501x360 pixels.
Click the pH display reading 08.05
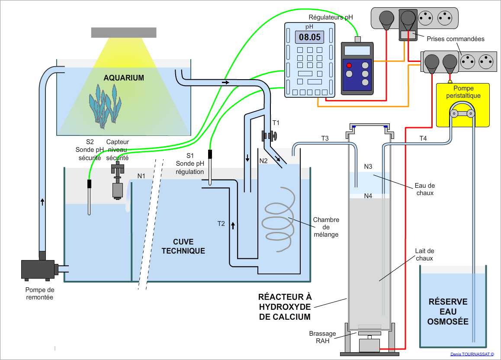coord(310,37)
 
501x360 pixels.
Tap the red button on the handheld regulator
coord(349,65)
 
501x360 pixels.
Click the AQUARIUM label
coord(124,78)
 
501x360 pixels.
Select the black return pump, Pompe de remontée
coord(38,268)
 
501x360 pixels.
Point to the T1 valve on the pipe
coord(269,136)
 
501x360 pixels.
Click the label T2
coord(222,224)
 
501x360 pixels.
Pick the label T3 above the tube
coord(325,138)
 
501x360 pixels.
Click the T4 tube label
coord(423,138)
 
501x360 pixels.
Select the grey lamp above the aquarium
coord(124,32)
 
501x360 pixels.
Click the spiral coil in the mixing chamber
coord(279,219)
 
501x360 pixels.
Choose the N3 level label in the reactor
coord(368,166)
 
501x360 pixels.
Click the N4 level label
coord(368,196)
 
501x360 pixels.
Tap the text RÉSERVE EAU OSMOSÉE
coord(447,312)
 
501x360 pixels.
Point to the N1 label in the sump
coord(141,176)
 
